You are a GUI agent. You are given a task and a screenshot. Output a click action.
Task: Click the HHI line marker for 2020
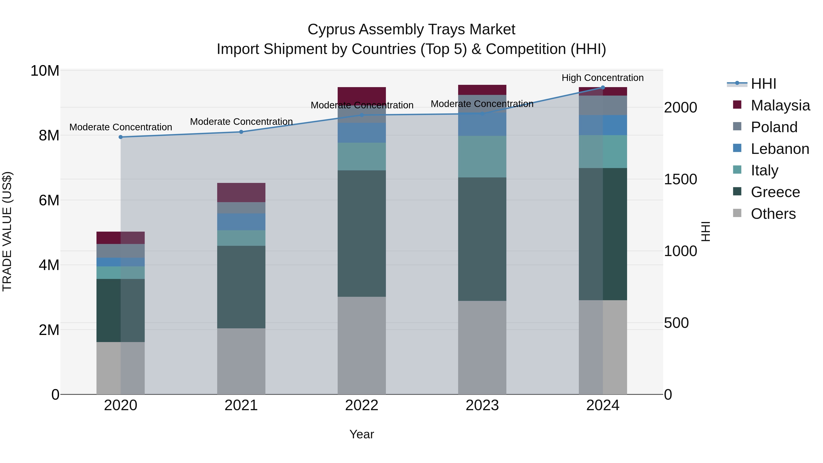click(121, 137)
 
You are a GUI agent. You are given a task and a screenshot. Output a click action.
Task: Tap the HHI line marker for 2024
click(603, 88)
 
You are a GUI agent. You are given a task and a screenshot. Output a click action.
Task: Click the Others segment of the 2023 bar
click(482, 347)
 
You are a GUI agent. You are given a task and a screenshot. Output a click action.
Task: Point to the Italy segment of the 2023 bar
click(482, 157)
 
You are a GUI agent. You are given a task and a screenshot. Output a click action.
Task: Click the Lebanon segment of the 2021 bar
click(241, 222)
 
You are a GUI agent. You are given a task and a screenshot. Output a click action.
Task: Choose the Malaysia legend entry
click(780, 105)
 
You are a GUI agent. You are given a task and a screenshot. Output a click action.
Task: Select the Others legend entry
click(773, 214)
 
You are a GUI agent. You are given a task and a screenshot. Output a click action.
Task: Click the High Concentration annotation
click(603, 78)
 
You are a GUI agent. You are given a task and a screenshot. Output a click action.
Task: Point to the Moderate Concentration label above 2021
click(241, 122)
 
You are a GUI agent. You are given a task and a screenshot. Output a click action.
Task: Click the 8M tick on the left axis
click(49, 136)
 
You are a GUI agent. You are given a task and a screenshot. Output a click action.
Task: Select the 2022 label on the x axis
click(362, 405)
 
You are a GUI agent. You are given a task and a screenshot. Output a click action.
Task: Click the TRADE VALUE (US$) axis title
click(7, 231)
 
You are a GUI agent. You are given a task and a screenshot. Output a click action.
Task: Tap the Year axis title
click(362, 434)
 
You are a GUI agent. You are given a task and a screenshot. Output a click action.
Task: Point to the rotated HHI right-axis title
click(705, 231)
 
